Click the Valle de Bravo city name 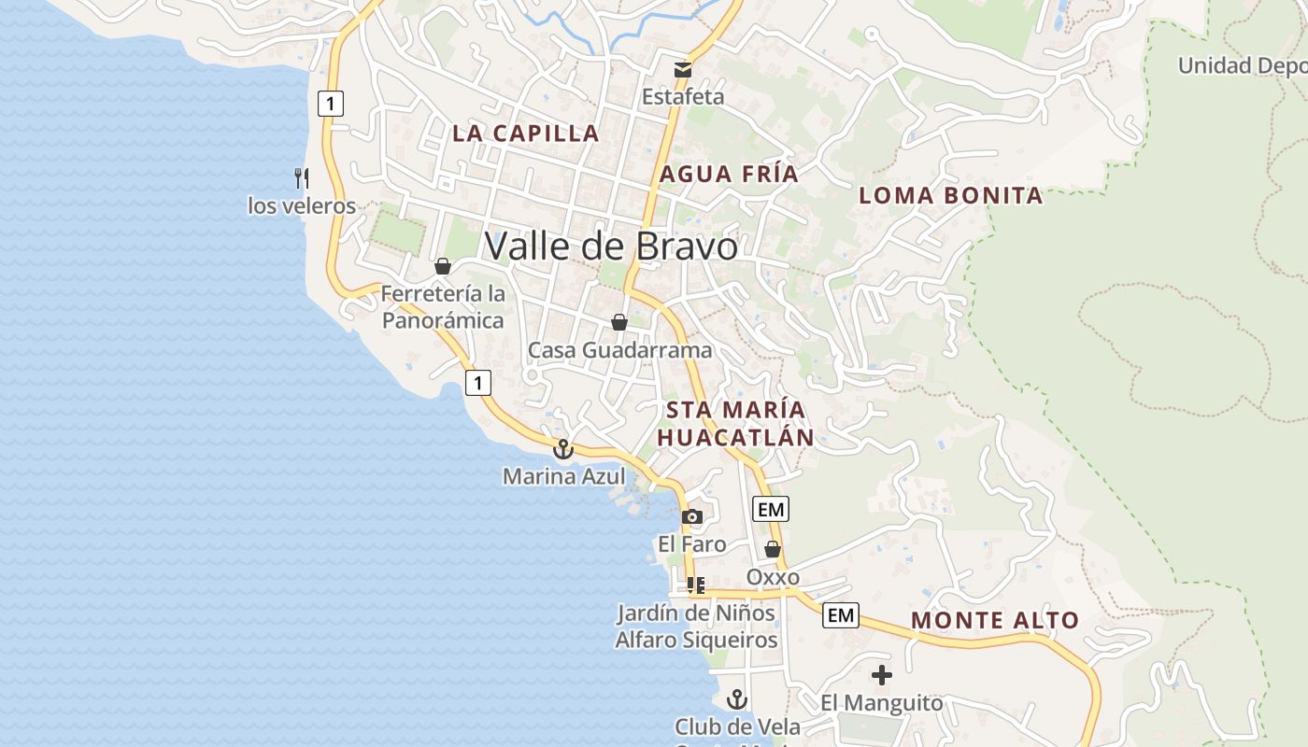coord(611,247)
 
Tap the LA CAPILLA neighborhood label coord(526,133)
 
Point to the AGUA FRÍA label coord(730,174)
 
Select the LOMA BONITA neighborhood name coord(950,195)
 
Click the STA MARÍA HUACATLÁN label coord(735,423)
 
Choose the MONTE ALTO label coord(995,620)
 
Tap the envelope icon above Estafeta coord(684,69)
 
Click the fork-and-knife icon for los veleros coord(301,177)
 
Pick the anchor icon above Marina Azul coord(562,450)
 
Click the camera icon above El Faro coord(692,516)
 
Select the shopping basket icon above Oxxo coord(773,549)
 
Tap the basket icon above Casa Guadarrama coord(618,322)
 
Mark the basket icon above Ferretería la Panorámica coord(443,266)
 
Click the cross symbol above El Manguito coord(881,674)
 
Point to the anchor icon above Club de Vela coord(738,698)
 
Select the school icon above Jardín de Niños coord(695,585)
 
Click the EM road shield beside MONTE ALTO coord(841,615)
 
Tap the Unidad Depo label coord(1242,65)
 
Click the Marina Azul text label coord(564,476)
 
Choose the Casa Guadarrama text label coord(620,350)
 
